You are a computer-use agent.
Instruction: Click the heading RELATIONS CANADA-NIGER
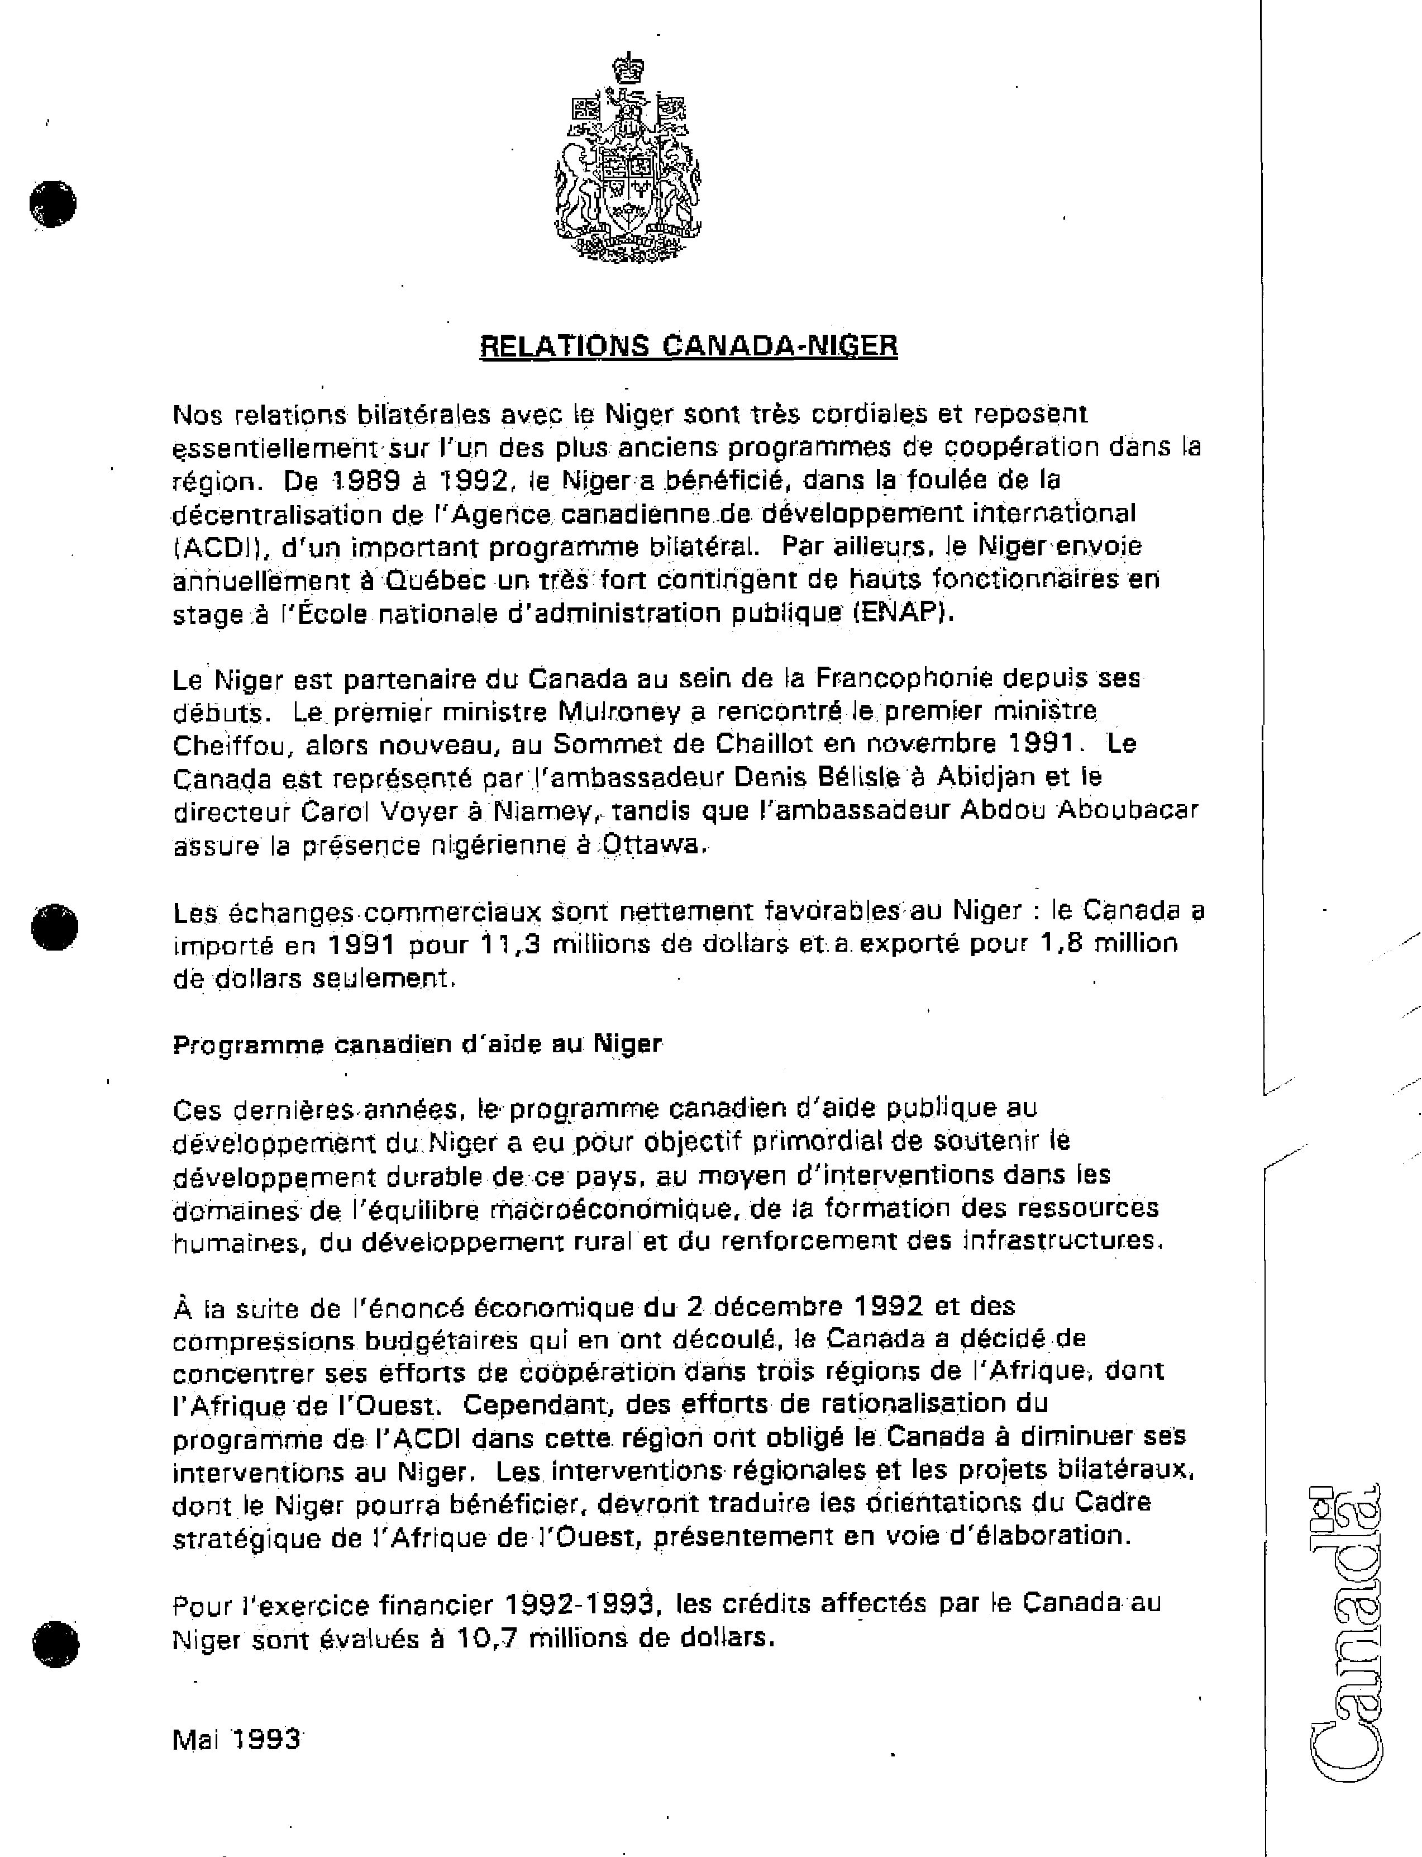tap(688, 345)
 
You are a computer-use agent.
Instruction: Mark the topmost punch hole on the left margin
tap(53, 203)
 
